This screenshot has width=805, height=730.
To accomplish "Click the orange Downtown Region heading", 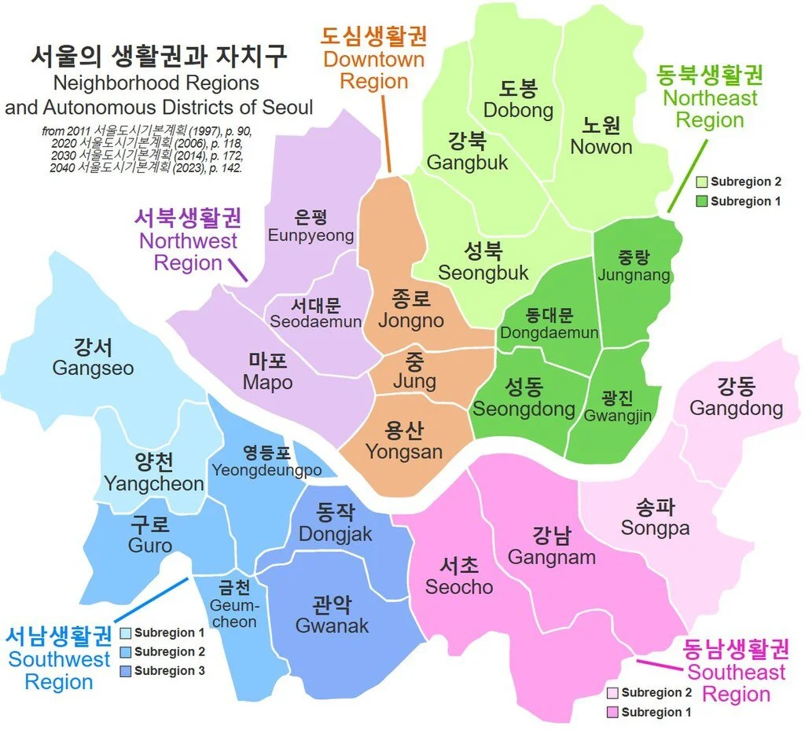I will pyautogui.click(x=374, y=59).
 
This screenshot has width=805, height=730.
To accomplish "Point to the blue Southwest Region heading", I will pyautogui.click(x=59, y=658).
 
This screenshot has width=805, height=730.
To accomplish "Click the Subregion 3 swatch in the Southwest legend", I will pyautogui.click(x=125, y=671).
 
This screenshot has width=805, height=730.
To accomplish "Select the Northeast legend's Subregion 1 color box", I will pyautogui.click(x=701, y=201).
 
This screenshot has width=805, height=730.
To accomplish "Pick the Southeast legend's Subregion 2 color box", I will pyautogui.click(x=612, y=693).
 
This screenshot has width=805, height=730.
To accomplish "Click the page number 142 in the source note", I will pyautogui.click(x=231, y=167).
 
